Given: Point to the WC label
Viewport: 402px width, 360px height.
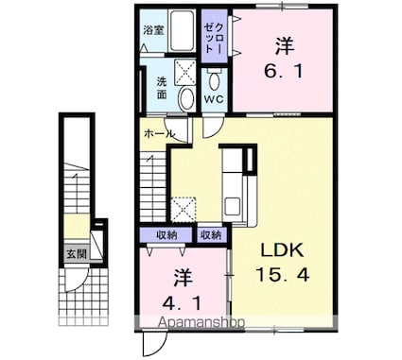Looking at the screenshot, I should tap(215, 98).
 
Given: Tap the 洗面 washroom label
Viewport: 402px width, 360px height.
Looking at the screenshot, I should tap(163, 88).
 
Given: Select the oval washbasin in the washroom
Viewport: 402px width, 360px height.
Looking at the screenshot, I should tap(187, 99).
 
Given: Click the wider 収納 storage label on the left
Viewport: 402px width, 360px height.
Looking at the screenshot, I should tap(166, 234).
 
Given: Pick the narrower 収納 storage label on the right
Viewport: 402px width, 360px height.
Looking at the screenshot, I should tap(211, 234).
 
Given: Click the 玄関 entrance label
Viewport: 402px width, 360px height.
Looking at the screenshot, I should tap(75, 253).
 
